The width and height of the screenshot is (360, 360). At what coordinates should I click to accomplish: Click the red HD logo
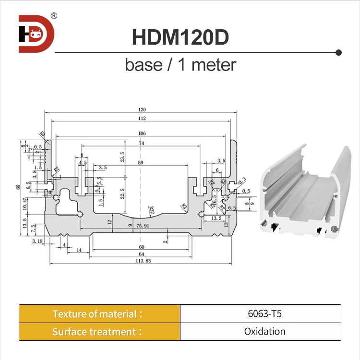(x=36, y=34)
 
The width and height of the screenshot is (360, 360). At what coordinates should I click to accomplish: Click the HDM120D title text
(x=180, y=37)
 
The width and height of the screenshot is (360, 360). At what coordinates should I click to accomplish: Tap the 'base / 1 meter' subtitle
(x=180, y=64)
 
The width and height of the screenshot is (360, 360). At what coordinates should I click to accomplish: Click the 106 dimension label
(x=141, y=133)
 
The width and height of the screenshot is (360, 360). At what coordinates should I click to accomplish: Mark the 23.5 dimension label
(x=122, y=157)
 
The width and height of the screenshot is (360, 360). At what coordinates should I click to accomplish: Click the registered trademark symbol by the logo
(x=54, y=15)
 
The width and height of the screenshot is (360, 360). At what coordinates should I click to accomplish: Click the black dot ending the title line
(x=338, y=52)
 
